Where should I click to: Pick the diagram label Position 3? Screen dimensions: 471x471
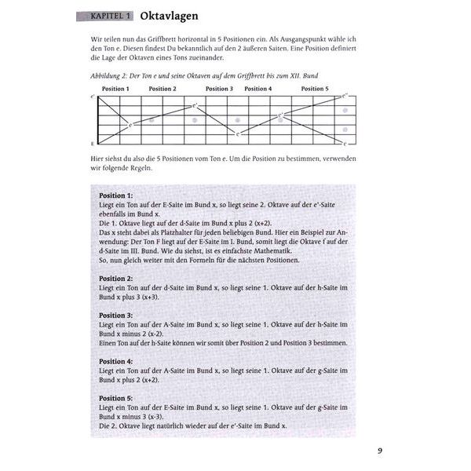(219, 89)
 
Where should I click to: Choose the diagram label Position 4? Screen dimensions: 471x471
(258, 89)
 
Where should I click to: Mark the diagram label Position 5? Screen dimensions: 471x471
(315, 89)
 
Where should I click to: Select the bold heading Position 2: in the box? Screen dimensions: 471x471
(116, 278)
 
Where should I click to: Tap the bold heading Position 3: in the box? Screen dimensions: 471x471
(116, 315)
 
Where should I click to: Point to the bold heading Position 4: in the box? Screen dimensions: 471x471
(116, 361)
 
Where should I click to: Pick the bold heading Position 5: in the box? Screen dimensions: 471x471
(116, 398)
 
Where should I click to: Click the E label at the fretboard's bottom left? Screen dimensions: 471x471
(93, 144)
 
